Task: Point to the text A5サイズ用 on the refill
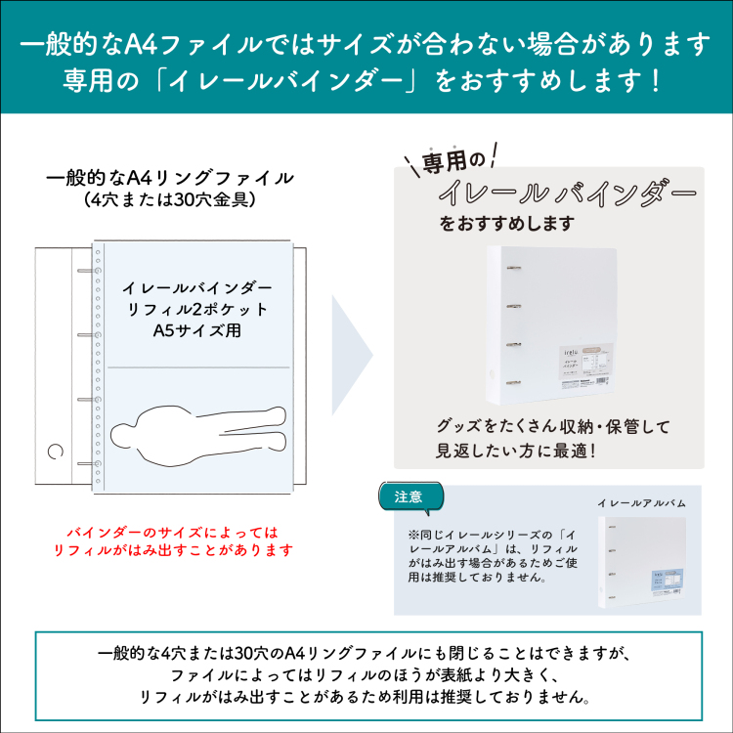pos(197,330)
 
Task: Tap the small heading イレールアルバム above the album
pos(641,502)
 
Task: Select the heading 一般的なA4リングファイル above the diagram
pos(169,178)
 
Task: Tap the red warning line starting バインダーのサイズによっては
pos(172,533)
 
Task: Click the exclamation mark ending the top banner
pos(654,78)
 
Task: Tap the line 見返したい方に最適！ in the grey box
pos(516,452)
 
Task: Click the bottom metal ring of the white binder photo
pos(509,380)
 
